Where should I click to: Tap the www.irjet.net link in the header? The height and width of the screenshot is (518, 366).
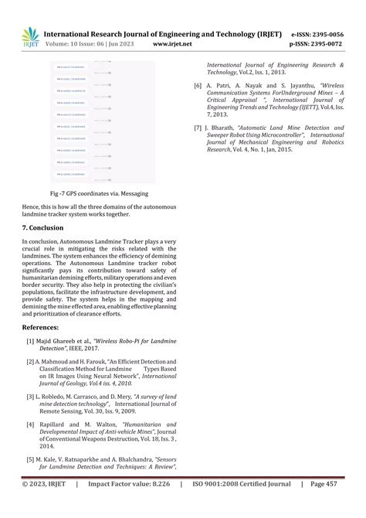coord(172,45)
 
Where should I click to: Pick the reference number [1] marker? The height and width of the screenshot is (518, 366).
coord(30,341)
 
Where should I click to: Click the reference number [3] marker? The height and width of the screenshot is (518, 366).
coord(30,396)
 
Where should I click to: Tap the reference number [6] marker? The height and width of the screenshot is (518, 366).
coord(198,85)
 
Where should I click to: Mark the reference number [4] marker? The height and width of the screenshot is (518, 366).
coord(30,424)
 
